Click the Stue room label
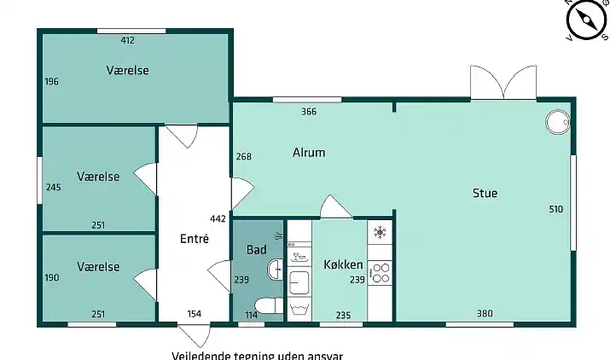(485, 194)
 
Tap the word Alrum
(309, 154)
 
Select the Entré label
(195, 240)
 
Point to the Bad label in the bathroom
(256, 250)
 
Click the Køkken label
(343, 264)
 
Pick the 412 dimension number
(128, 40)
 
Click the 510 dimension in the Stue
(557, 209)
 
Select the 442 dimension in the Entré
(218, 219)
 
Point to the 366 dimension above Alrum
(309, 112)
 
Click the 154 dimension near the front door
(195, 314)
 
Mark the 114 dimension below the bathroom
(252, 314)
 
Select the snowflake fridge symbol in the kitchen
(380, 232)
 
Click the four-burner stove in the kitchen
(380, 272)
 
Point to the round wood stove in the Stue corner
(557, 122)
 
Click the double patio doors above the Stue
(503, 84)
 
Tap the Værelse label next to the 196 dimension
(128, 70)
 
